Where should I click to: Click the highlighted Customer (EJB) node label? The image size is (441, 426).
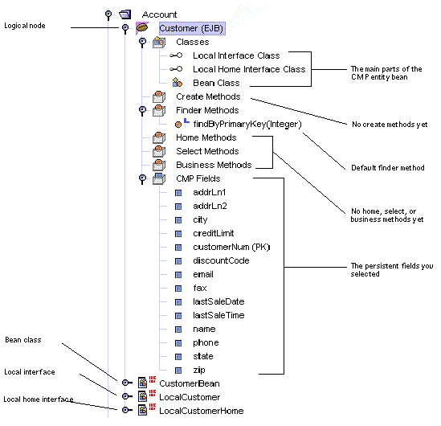(191, 27)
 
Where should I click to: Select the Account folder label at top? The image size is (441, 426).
(159, 14)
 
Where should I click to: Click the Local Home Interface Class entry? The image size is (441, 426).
(249, 69)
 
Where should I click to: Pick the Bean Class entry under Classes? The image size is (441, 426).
(216, 83)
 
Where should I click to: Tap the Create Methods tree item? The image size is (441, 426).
(207, 96)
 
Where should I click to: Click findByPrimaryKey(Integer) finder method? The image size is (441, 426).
(247, 124)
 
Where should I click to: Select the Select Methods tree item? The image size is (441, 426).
(207, 151)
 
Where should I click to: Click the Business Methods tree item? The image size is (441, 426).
(213, 165)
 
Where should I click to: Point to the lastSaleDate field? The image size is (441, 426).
(218, 301)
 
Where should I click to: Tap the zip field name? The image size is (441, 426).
(200, 370)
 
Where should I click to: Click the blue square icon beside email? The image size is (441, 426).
(178, 274)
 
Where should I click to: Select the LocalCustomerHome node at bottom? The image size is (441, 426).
(201, 411)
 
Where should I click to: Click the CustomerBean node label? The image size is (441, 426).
(189, 383)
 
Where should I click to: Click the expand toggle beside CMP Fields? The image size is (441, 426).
(142, 178)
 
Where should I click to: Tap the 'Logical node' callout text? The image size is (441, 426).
(25, 26)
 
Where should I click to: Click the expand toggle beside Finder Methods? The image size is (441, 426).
(142, 110)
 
